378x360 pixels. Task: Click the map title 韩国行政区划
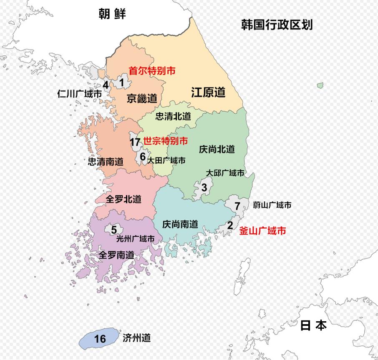click(x=277, y=25)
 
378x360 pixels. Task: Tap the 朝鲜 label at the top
click(x=112, y=14)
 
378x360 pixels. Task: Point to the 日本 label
click(x=313, y=325)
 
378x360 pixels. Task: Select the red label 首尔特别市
click(x=152, y=71)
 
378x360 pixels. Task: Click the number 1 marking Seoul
click(x=122, y=83)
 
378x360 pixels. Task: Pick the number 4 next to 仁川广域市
click(x=106, y=85)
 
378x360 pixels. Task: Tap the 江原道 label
click(x=208, y=92)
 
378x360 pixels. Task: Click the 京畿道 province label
click(x=142, y=98)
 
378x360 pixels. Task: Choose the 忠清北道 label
click(x=173, y=116)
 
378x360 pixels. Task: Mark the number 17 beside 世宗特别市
click(x=135, y=142)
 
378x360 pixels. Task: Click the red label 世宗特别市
click(x=165, y=141)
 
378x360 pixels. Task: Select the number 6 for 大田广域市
click(x=142, y=157)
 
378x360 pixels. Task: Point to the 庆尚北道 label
click(x=217, y=149)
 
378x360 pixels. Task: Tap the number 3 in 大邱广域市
click(x=204, y=187)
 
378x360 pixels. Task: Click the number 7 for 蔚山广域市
click(x=237, y=206)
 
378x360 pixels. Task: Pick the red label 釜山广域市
click(x=262, y=230)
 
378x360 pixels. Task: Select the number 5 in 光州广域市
click(x=114, y=229)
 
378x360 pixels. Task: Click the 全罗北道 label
click(x=123, y=199)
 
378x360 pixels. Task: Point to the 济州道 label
click(x=137, y=337)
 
